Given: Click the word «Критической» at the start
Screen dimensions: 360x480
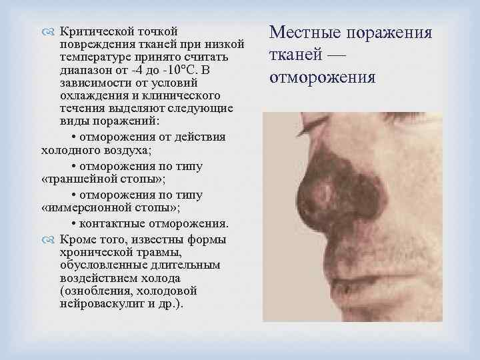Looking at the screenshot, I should click(x=99, y=32).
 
